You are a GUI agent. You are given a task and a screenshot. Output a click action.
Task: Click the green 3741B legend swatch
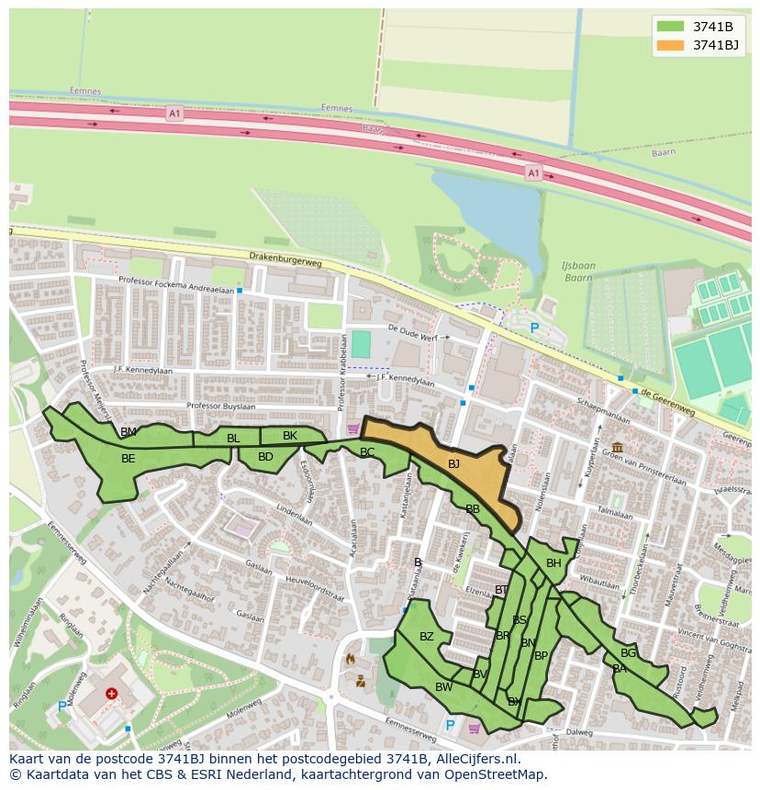tap(670, 26)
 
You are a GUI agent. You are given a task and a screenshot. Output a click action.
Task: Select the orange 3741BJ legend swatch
tap(670, 44)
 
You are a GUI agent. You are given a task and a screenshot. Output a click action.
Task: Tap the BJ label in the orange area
tap(453, 464)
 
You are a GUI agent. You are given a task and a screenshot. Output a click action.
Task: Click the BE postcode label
tap(129, 459)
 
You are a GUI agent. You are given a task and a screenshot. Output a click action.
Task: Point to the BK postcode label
tap(290, 436)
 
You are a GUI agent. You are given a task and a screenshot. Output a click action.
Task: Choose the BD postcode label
tap(265, 456)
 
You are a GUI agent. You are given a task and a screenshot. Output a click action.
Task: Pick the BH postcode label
tap(553, 563)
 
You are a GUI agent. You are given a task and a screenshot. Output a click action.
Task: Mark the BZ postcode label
tap(426, 637)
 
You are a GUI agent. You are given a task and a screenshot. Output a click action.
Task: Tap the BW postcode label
tap(443, 687)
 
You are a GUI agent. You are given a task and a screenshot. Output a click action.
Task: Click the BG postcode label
tap(628, 653)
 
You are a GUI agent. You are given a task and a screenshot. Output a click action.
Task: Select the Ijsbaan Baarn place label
tap(578, 272)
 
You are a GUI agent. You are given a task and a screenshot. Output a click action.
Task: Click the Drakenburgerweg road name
tap(285, 261)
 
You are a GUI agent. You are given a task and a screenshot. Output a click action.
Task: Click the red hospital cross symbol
tap(112, 695)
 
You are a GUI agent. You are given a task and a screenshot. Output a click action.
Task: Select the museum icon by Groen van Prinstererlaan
tap(616, 447)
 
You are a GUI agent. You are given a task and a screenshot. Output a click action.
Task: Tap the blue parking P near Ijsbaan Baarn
tap(534, 328)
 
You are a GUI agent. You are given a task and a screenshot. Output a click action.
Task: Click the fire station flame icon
tap(349, 659)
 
